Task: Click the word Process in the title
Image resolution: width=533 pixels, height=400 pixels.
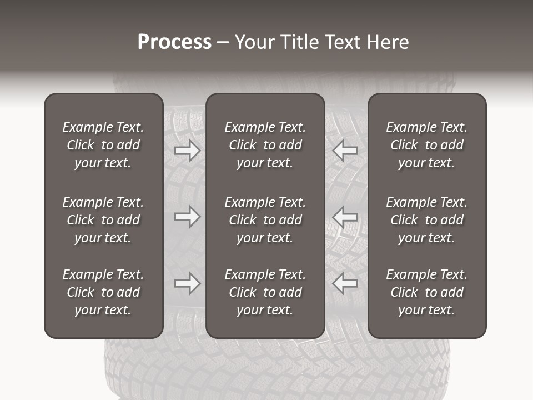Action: point(174,42)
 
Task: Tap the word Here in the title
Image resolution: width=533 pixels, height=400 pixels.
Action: point(388,42)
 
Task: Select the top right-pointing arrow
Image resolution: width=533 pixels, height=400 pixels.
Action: point(187,150)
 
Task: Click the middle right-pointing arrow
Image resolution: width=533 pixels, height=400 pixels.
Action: point(187,217)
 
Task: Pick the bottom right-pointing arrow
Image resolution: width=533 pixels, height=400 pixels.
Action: point(187,283)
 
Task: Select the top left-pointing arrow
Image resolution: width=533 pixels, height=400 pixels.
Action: point(345,150)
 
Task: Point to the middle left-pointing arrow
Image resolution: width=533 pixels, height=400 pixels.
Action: point(345,217)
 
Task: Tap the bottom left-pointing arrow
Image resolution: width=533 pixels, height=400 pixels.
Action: point(345,283)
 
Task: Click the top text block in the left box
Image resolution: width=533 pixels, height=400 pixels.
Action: point(103,145)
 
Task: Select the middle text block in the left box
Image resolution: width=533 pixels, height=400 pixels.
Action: point(103,220)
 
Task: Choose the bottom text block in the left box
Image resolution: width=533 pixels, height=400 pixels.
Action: point(103,292)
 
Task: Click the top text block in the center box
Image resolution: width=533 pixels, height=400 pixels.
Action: point(265,145)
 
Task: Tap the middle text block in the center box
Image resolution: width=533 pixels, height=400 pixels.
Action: point(265,220)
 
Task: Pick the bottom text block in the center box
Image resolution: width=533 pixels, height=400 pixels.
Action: point(265,292)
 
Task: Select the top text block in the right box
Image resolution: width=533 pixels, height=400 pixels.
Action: point(427,145)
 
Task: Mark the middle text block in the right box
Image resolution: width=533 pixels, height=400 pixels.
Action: point(427,220)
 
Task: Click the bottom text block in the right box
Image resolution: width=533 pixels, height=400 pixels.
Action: point(427,292)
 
